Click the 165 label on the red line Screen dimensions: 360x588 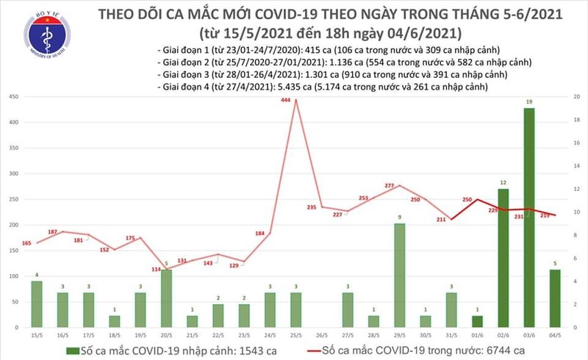tap(26, 242)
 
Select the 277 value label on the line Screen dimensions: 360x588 tap(390, 186)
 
